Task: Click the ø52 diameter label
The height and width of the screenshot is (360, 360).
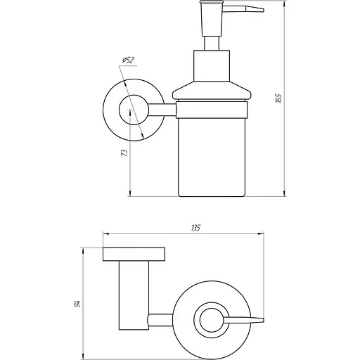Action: [128, 60]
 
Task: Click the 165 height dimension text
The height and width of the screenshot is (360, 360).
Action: [278, 98]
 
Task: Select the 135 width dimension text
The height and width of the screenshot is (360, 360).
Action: [196, 228]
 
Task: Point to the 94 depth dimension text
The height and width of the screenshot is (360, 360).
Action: [77, 304]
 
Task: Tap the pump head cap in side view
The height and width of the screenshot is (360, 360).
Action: [212, 19]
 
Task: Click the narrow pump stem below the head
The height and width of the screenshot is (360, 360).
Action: [212, 43]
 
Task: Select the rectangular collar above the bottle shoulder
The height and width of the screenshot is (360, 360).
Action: [212, 66]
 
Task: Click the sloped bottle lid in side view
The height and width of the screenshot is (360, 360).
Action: [212, 91]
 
